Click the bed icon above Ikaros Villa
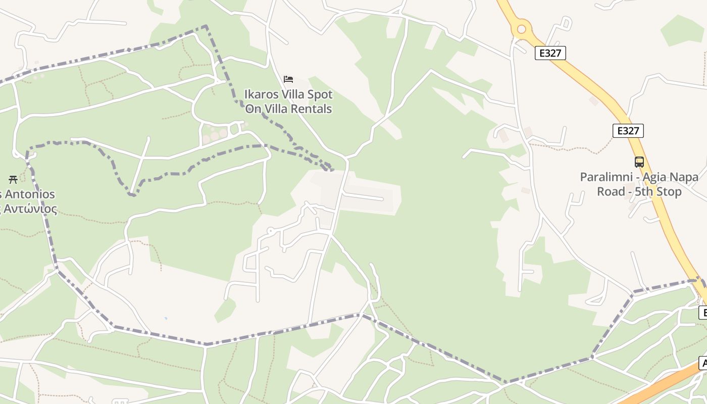tap(288, 79)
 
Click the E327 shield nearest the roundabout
tap(550, 53)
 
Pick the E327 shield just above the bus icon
tap(628, 131)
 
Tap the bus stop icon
tap(639, 162)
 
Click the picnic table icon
tap(13, 179)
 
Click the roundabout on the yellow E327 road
tap(522, 29)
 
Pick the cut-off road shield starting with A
tap(703, 363)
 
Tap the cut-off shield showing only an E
tap(703, 312)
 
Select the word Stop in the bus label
tap(670, 192)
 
